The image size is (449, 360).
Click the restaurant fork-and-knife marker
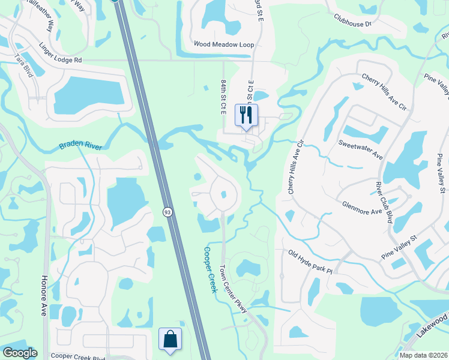[x=246, y=114]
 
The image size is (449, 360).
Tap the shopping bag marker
[x=170, y=338]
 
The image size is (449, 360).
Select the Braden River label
[x=82, y=146]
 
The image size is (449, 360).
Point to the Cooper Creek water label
[x=209, y=270]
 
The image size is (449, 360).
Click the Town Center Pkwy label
[x=233, y=287]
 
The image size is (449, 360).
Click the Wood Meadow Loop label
[x=224, y=45]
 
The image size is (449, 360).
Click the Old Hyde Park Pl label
[x=310, y=262]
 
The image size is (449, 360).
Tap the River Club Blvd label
[x=384, y=202]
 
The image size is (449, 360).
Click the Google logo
[x=20, y=353]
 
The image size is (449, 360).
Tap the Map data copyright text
[x=423, y=355]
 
